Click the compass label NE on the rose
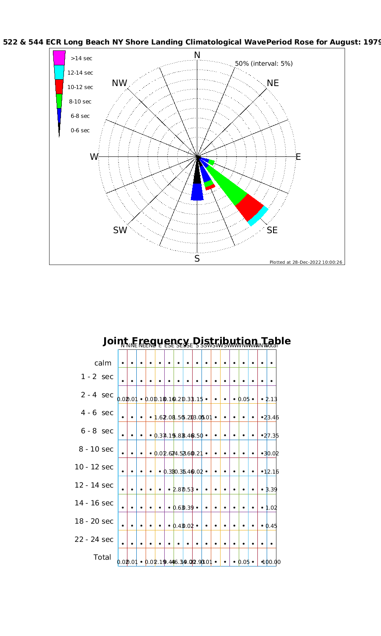(x=273, y=83)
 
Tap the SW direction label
(x=120, y=230)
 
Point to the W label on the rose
(x=94, y=157)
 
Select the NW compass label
(x=119, y=83)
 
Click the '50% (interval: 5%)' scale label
(x=264, y=64)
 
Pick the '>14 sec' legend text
(x=81, y=59)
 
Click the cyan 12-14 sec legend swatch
(x=59, y=72)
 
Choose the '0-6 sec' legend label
(x=80, y=131)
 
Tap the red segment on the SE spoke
(x=250, y=207)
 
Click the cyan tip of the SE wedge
(x=258, y=216)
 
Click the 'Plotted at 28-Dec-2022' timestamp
(x=306, y=262)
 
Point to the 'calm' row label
(x=103, y=363)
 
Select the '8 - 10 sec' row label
(x=96, y=449)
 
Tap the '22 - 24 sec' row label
(x=94, y=539)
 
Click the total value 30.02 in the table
(x=271, y=454)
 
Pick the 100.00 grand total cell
(x=272, y=562)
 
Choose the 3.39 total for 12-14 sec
(x=271, y=490)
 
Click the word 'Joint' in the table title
(x=116, y=341)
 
